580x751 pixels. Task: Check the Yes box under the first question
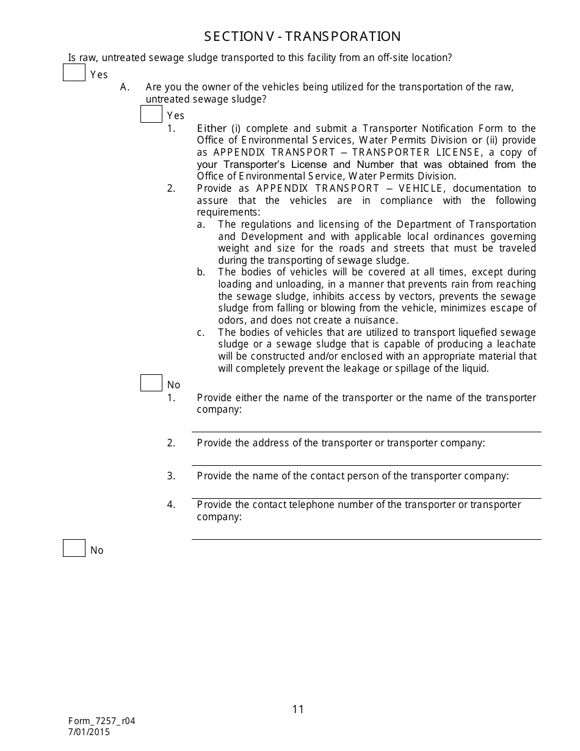click(x=74, y=73)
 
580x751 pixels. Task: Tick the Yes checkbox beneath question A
click(x=151, y=114)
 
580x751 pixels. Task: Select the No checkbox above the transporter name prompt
click(x=151, y=383)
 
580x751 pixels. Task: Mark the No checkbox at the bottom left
click(x=74, y=548)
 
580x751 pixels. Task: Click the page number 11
click(x=298, y=709)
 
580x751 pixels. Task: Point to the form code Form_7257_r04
click(x=101, y=720)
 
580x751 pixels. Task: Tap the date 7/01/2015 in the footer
click(x=89, y=731)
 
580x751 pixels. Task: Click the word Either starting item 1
click(x=211, y=128)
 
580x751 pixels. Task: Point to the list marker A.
click(x=125, y=87)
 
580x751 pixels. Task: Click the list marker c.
click(x=200, y=333)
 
